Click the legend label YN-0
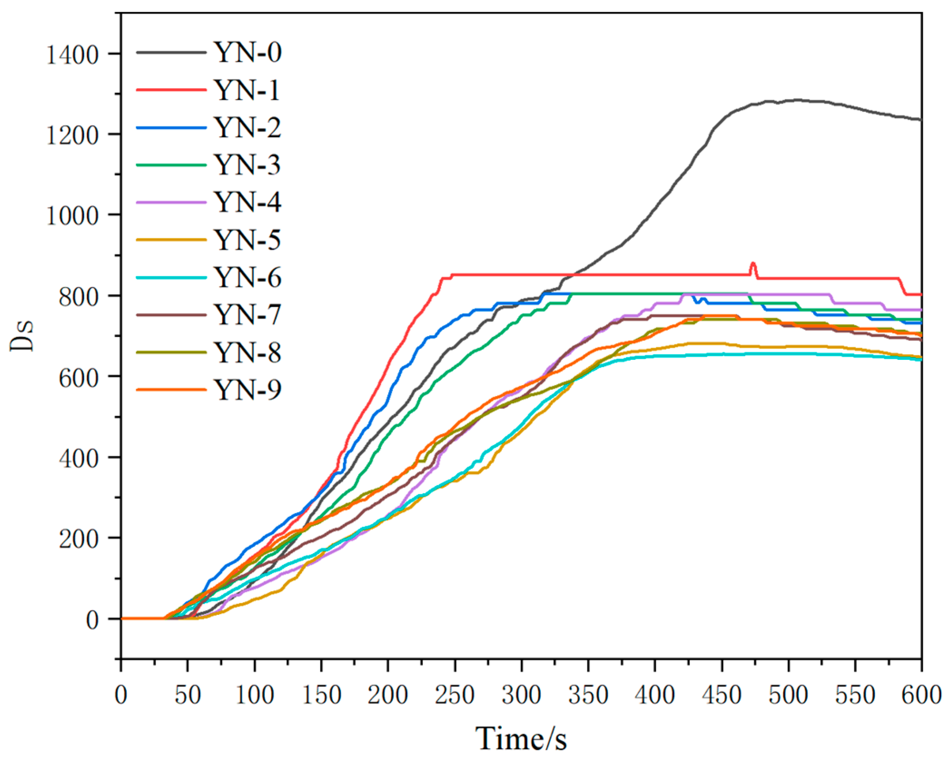[x=247, y=52]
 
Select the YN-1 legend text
[x=247, y=90]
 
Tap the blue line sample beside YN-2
[x=171, y=128]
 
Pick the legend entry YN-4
[x=247, y=202]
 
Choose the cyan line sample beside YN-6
[x=171, y=277]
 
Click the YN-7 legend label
[x=247, y=315]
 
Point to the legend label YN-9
[x=247, y=389]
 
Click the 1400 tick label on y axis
[x=73, y=55]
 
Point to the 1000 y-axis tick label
[x=73, y=216]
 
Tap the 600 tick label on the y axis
[x=79, y=378]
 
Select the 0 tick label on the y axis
[x=92, y=620]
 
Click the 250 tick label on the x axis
[x=454, y=695]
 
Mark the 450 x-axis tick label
[x=722, y=695]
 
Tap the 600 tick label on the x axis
[x=921, y=695]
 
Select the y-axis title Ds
[x=22, y=336]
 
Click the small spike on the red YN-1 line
[x=753, y=264]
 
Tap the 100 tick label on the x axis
[x=255, y=695]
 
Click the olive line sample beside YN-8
[x=171, y=352]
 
